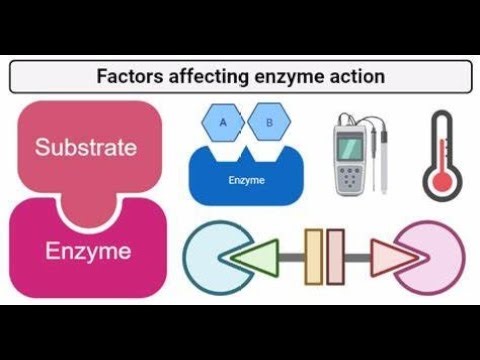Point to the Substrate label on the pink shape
point(86,148)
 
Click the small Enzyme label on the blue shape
point(245,181)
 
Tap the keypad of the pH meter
point(351,177)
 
